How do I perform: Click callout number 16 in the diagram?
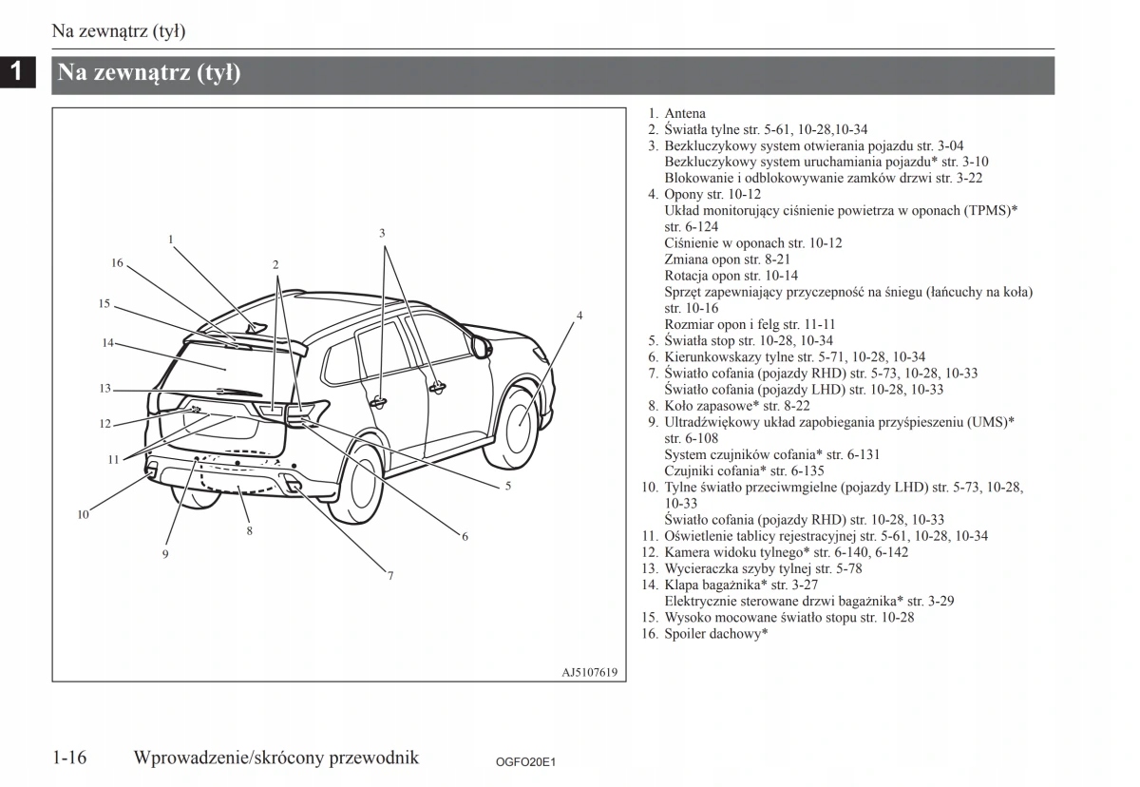click(117, 263)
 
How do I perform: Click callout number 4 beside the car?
click(579, 316)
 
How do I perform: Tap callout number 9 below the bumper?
click(165, 554)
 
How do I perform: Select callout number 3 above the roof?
click(382, 233)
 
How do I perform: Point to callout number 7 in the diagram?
click(389, 575)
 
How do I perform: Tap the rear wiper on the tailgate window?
click(237, 391)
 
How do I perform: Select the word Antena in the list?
click(685, 113)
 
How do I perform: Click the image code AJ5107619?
click(589, 672)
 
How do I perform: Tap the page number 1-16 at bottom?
click(70, 758)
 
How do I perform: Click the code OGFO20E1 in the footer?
click(524, 762)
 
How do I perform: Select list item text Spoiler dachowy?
click(715, 633)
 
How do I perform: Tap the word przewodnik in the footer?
click(373, 758)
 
